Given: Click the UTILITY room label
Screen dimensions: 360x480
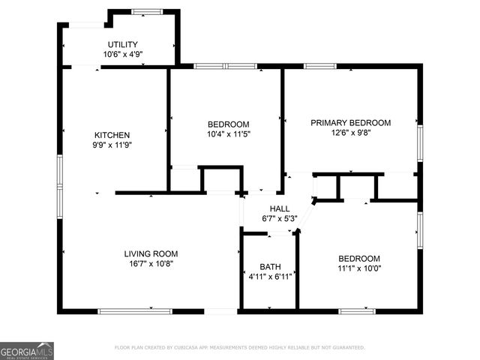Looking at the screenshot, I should (122, 44).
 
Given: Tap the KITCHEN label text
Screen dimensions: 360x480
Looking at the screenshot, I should (112, 135).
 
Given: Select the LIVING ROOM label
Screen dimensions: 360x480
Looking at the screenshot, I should (151, 253).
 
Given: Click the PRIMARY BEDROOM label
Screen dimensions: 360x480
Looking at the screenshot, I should (351, 122).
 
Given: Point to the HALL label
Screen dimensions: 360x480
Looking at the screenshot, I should (280, 209).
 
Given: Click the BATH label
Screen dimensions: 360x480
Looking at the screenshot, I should (269, 266).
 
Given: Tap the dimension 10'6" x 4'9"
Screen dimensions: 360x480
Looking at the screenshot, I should (122, 54).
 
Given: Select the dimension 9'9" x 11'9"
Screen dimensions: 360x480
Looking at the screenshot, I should (112, 145).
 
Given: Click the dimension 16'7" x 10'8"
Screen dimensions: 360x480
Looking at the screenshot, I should (151, 263).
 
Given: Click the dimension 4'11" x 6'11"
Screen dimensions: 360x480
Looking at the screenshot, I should (269, 277).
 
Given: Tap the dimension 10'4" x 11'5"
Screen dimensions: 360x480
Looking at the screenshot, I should (228, 133).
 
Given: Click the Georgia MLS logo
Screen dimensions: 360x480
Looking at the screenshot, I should (27, 350).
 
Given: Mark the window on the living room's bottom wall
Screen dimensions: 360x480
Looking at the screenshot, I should (135, 310).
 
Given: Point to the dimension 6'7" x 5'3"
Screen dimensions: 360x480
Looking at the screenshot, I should (280, 219).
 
